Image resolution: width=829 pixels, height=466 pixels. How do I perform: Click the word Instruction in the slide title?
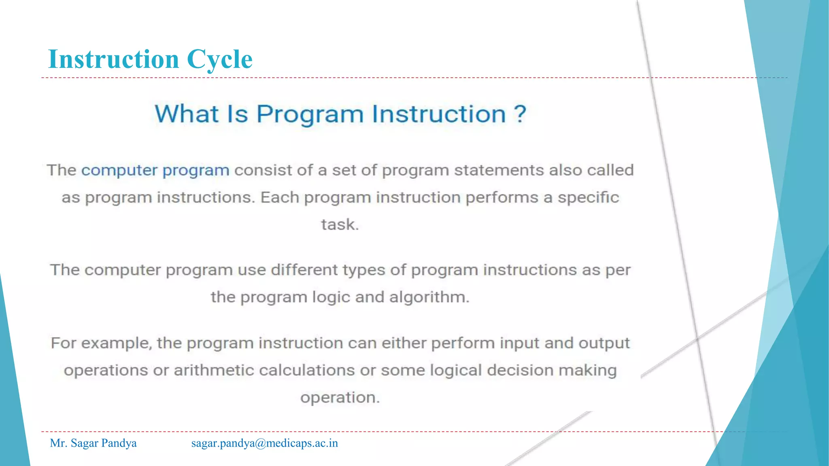113,59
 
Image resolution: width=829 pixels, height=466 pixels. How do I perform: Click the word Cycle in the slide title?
219,59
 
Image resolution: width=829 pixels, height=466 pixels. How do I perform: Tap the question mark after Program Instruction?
520,114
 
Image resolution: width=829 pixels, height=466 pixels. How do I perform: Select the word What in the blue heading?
187,114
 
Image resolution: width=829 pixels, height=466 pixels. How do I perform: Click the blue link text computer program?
155,170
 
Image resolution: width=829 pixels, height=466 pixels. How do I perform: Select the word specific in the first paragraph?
588,197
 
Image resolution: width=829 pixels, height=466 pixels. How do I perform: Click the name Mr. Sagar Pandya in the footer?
93,443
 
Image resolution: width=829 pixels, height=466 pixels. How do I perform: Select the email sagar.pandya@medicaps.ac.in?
264,443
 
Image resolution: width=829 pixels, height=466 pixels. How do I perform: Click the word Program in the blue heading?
310,114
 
